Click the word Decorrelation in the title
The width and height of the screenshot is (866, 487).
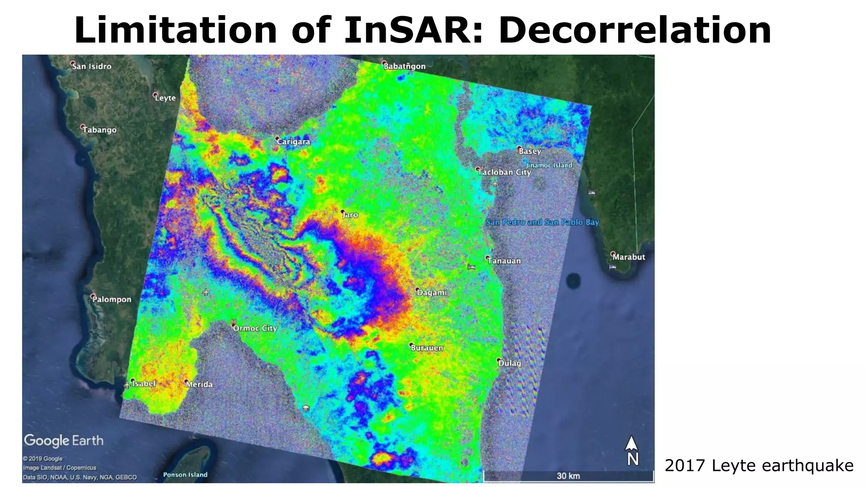coord(635,30)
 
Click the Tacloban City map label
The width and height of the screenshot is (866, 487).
coord(504,172)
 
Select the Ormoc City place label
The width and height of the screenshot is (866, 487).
coord(255,328)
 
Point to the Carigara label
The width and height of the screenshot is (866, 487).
coord(293,142)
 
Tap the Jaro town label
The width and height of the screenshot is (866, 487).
coord(350,215)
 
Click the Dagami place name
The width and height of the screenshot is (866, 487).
coord(432,293)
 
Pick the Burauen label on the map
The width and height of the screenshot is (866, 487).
coord(427,348)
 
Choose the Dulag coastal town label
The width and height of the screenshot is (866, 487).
coord(510,363)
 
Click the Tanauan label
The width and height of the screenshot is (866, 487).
coord(504,261)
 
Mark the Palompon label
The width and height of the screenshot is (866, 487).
coord(112,299)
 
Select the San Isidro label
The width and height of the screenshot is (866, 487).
coord(92,66)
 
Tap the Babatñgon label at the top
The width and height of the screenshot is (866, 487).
coord(404,66)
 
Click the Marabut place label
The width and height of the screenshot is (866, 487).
coord(629,257)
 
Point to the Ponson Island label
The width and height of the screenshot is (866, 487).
coord(185,475)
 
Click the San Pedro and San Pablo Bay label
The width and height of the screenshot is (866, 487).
coord(542,222)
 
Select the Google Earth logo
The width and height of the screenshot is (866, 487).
coord(64,440)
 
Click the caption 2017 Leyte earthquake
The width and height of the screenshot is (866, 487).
coord(759,466)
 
